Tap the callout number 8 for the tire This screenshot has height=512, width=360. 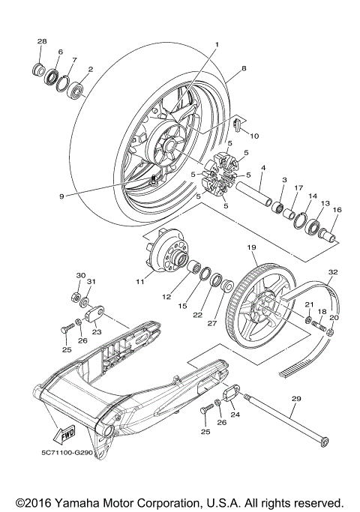coord(243,68)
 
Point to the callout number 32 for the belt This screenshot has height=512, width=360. coord(333,273)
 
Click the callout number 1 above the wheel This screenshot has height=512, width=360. coord(216,45)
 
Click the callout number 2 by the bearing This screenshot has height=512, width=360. coord(91,69)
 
